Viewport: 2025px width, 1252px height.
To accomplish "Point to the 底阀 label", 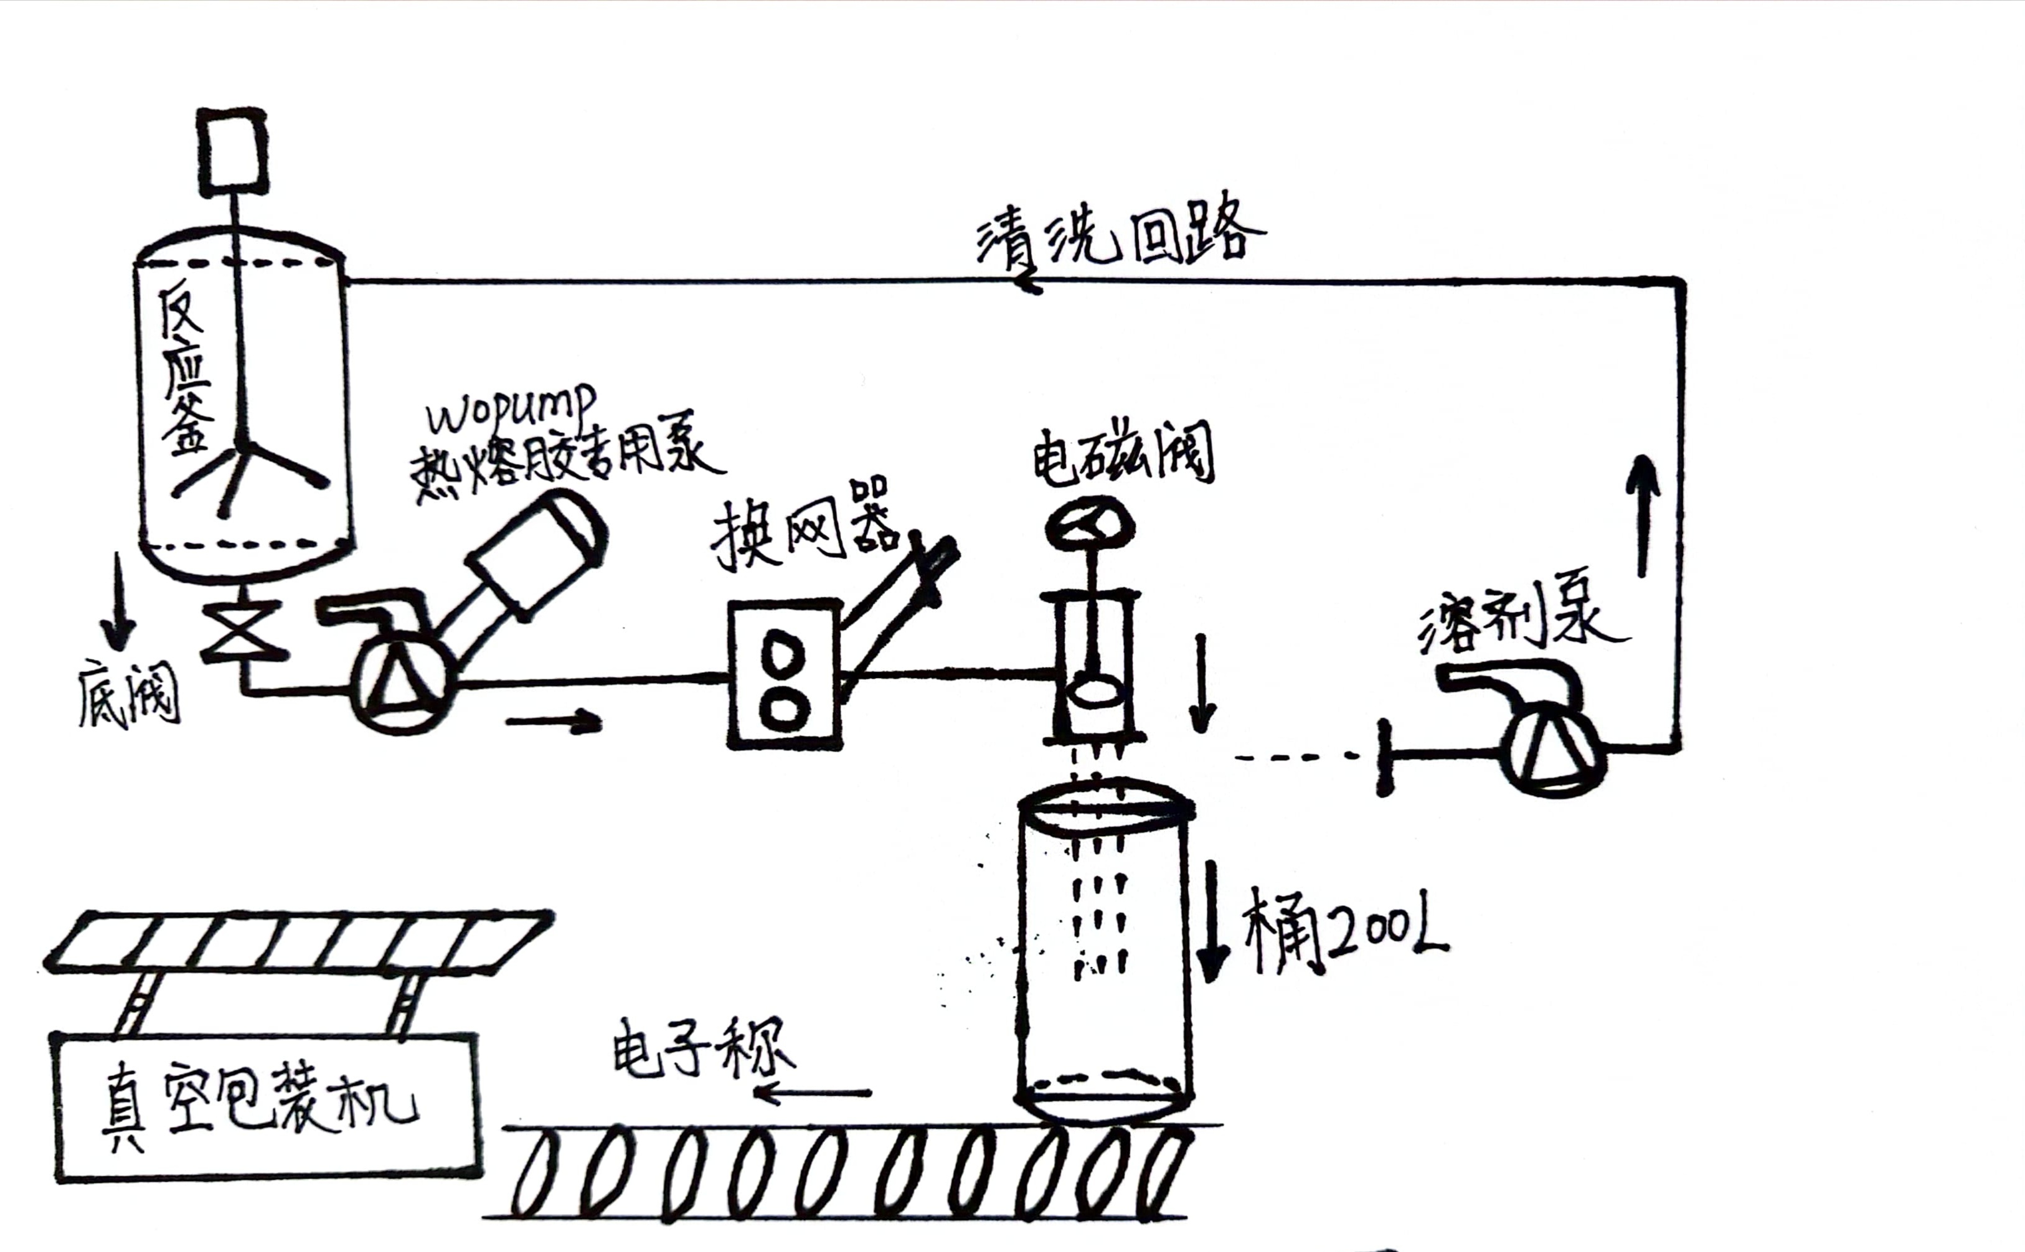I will pos(129,695).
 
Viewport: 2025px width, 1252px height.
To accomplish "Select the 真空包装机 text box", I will pos(265,1106).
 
